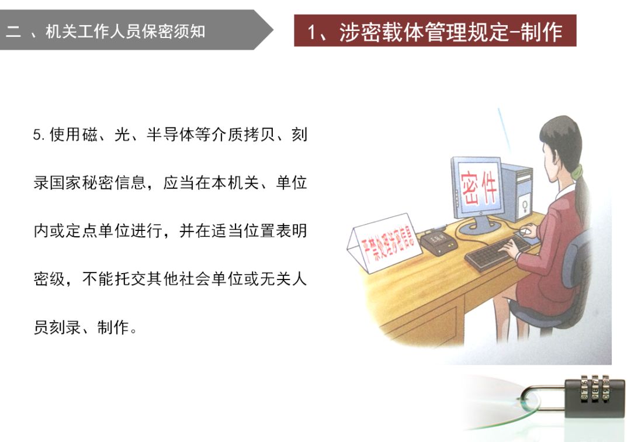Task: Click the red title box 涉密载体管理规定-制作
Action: point(435,30)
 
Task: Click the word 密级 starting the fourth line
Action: point(49,279)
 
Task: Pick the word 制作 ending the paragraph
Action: point(113,327)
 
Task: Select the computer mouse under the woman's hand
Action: point(525,231)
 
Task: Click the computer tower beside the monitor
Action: point(517,192)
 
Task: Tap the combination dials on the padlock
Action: point(595,388)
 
